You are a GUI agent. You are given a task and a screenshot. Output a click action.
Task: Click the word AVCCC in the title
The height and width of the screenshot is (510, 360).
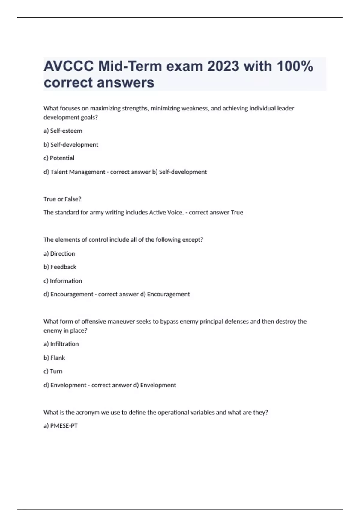pos(68,66)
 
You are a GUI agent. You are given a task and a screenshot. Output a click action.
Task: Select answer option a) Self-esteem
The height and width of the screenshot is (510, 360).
pos(63,131)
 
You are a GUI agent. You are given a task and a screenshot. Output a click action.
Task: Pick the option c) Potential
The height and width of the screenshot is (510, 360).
pos(59,158)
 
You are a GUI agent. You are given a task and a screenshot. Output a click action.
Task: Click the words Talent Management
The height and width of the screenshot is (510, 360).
pos(78,172)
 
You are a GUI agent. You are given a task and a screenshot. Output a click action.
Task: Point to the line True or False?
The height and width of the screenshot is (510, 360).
pos(62,199)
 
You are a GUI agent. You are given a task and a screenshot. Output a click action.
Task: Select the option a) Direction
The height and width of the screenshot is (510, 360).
pos(59,254)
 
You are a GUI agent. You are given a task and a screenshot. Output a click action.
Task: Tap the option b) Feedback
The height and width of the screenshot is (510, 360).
pos(60,267)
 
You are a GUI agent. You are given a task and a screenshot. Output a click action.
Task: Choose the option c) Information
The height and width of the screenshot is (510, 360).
pos(63,281)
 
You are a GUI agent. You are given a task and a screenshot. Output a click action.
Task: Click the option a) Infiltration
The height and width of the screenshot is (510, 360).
pos(61,344)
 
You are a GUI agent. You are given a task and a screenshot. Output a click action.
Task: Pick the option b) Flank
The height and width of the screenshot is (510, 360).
pos(54,358)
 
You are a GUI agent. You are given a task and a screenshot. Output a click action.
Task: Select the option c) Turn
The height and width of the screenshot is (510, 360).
pos(53,371)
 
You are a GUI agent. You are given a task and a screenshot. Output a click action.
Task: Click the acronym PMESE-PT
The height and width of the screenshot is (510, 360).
pos(64,426)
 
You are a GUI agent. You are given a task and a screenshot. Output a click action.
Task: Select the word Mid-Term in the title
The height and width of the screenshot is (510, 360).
pos(130,66)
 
